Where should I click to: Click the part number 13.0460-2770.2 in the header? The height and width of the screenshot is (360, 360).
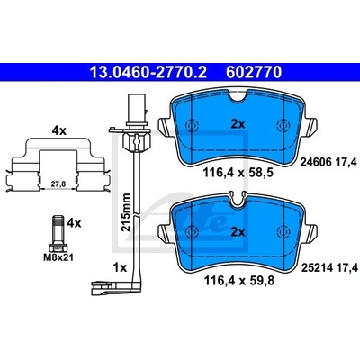click(x=148, y=72)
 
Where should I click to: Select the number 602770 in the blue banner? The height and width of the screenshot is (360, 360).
click(x=254, y=72)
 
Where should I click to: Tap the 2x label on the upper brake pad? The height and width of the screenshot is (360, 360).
click(x=238, y=123)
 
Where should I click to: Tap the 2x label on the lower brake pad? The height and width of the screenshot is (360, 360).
click(x=238, y=232)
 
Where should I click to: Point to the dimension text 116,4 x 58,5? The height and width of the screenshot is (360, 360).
click(x=238, y=173)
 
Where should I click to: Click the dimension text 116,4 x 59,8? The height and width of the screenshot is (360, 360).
click(x=239, y=281)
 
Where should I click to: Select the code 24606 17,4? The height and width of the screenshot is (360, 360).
click(x=329, y=163)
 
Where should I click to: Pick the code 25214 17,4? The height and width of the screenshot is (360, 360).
click(x=329, y=266)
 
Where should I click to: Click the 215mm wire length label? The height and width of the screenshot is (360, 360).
click(x=126, y=212)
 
